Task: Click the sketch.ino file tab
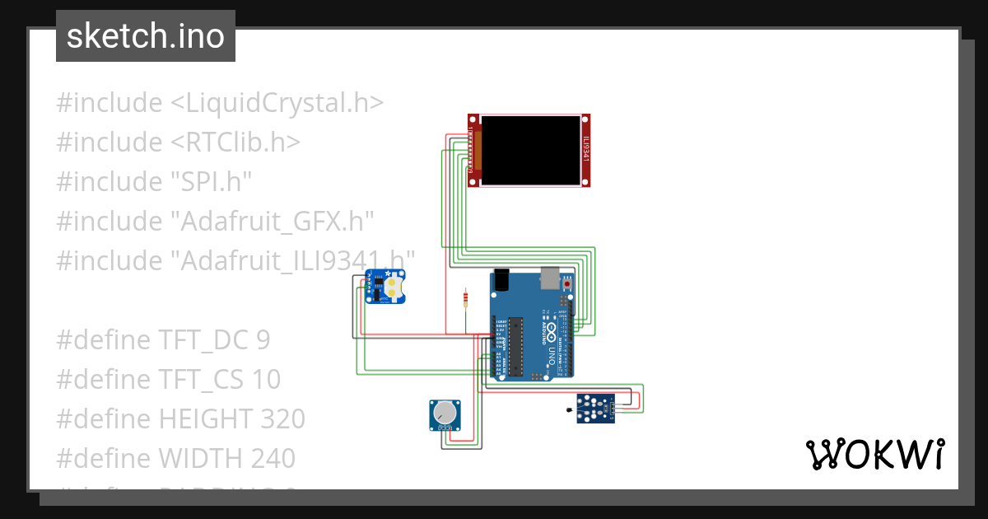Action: pos(145,36)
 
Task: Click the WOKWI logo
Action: pos(874,455)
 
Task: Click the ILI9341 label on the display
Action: pos(585,150)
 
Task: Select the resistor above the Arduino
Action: pos(467,298)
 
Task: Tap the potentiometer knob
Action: pos(445,412)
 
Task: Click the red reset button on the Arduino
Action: pos(567,284)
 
